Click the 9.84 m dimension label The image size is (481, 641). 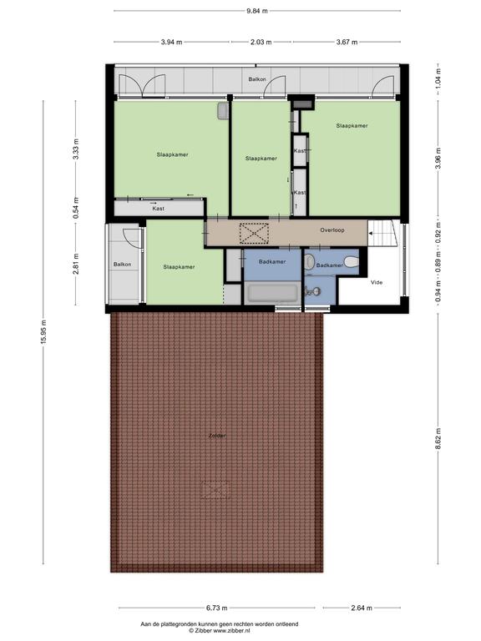click(x=257, y=11)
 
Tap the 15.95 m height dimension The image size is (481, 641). click(x=43, y=331)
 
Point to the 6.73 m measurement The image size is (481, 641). click(x=216, y=608)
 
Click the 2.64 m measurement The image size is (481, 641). click(x=361, y=608)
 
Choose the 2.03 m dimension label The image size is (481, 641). click(x=261, y=42)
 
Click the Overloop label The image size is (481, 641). click(x=332, y=230)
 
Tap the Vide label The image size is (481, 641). click(x=377, y=282)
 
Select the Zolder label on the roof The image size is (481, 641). click(x=217, y=436)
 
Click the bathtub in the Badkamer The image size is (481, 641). click(x=273, y=293)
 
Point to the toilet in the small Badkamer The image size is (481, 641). click(x=352, y=261)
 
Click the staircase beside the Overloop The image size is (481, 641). click(x=382, y=233)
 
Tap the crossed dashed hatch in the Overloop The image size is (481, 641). click(x=254, y=234)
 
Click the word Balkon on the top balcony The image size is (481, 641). click(x=257, y=79)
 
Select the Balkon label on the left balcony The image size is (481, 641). click(x=122, y=265)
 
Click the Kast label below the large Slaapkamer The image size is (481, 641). click(x=159, y=209)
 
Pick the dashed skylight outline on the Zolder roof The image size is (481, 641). click(x=215, y=489)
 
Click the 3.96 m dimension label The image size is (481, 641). click(x=438, y=158)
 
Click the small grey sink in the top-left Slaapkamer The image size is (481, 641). click(x=223, y=111)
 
